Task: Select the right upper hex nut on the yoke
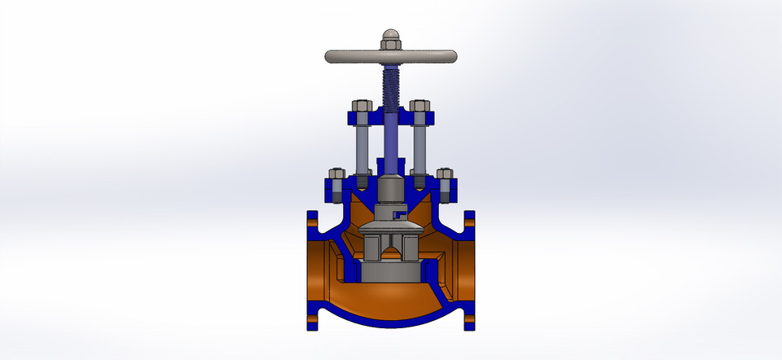(419, 106)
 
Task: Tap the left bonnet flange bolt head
(336, 173)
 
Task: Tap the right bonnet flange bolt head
(444, 173)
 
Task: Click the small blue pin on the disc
(399, 214)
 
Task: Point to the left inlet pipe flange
(310, 269)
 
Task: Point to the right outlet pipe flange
(470, 269)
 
